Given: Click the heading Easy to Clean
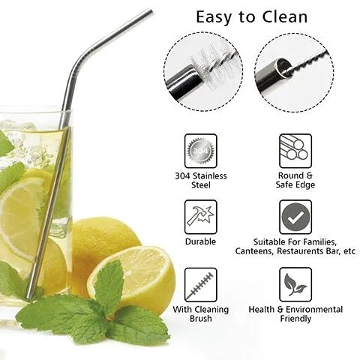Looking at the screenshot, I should pos(251,16).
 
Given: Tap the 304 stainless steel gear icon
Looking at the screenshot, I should pos(200,150).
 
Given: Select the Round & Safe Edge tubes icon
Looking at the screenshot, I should pos(295,150).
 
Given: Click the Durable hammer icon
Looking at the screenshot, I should pos(200,216).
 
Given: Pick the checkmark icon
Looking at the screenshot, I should pos(295,217).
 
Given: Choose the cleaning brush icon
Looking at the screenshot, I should pos(200,284).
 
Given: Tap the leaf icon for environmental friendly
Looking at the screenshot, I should pos(295,284).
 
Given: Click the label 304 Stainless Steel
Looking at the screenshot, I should pos(200,181).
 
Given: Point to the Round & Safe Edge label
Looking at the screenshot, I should pos(295,181).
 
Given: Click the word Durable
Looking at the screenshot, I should pos(200,241).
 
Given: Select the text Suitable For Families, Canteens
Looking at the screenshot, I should pos(295,246).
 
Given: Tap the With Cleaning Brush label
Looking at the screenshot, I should pos(200,313).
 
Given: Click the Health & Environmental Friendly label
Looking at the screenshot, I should pos(295,313).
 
